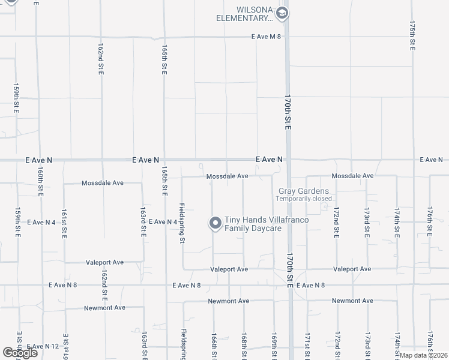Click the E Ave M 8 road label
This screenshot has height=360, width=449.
(x=267, y=37)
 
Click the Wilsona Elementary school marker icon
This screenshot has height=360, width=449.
(x=283, y=13)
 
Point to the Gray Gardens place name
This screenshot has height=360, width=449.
(x=304, y=191)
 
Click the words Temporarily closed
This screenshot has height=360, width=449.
(x=304, y=199)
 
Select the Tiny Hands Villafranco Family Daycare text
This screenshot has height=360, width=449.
(x=267, y=224)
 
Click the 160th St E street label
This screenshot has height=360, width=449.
(x=40, y=179)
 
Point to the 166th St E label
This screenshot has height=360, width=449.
(x=213, y=343)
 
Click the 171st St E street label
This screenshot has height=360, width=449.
(x=307, y=344)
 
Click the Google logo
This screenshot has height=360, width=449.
(x=20, y=353)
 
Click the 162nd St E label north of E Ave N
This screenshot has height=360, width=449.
(x=101, y=59)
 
